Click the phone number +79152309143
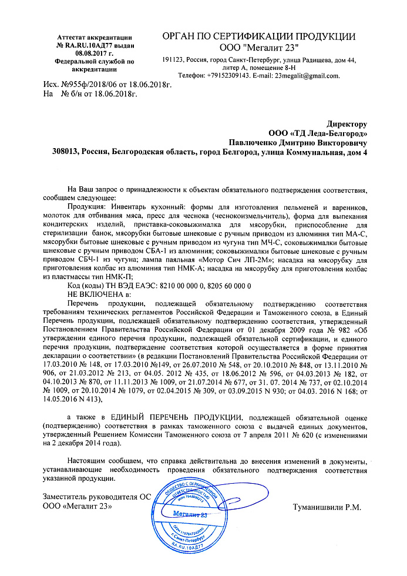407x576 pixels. coord(228,76)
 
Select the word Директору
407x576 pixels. coord(347,124)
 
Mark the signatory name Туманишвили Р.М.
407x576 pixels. coord(326,507)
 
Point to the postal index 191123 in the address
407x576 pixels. coord(174,61)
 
